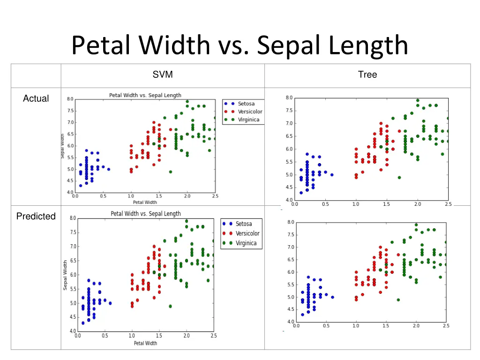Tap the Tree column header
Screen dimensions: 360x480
pos(367,75)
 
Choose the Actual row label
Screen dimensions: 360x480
pos(36,98)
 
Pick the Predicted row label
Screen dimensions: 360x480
pos(36,216)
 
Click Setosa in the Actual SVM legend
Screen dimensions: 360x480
pos(246,104)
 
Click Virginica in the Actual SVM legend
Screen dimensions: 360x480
pos(248,120)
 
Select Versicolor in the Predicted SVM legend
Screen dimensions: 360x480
pos(247,233)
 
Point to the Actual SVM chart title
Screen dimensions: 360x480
pos(145,95)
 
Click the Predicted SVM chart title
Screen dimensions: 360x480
pos(145,214)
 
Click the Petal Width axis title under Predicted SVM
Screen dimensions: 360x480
pos(145,343)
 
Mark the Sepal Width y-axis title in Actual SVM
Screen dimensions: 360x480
pos(62,146)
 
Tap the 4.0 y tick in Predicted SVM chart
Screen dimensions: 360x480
pos(72,331)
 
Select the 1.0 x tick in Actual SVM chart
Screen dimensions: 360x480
pos(131,197)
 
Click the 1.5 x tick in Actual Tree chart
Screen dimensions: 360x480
pos(387,204)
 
